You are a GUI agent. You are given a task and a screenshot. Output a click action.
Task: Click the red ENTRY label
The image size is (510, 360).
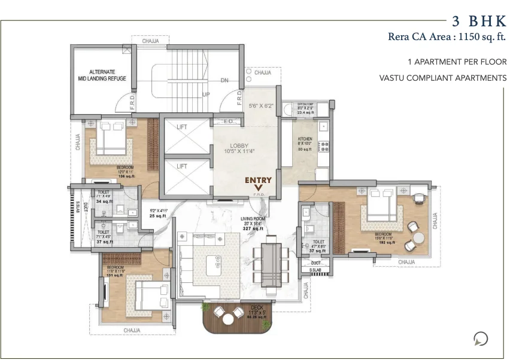click(258, 180)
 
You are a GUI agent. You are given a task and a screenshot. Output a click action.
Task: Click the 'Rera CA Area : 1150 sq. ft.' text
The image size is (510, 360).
click(447, 38)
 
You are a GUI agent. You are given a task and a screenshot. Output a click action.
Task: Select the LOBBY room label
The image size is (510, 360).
click(239, 146)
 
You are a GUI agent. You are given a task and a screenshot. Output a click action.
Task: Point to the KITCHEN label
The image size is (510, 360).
click(305, 139)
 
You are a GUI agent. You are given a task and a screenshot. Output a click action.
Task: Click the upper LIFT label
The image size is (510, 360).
click(182, 127)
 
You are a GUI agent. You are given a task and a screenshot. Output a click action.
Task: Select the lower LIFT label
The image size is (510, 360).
click(182, 166)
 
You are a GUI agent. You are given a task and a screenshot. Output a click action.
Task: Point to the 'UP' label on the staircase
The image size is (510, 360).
click(205, 94)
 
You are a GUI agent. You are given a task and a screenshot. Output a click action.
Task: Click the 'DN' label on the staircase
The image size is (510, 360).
click(224, 80)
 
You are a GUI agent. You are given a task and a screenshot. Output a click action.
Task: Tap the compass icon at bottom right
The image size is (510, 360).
click(480, 339)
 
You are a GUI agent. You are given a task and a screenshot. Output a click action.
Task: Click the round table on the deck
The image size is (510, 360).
click(228, 319)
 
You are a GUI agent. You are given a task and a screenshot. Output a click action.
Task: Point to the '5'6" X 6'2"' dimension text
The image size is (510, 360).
click(261, 106)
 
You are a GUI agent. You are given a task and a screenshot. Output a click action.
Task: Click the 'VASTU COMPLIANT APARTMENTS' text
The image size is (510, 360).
click(442, 78)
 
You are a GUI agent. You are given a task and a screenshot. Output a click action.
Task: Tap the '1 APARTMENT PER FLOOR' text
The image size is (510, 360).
click(457, 62)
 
